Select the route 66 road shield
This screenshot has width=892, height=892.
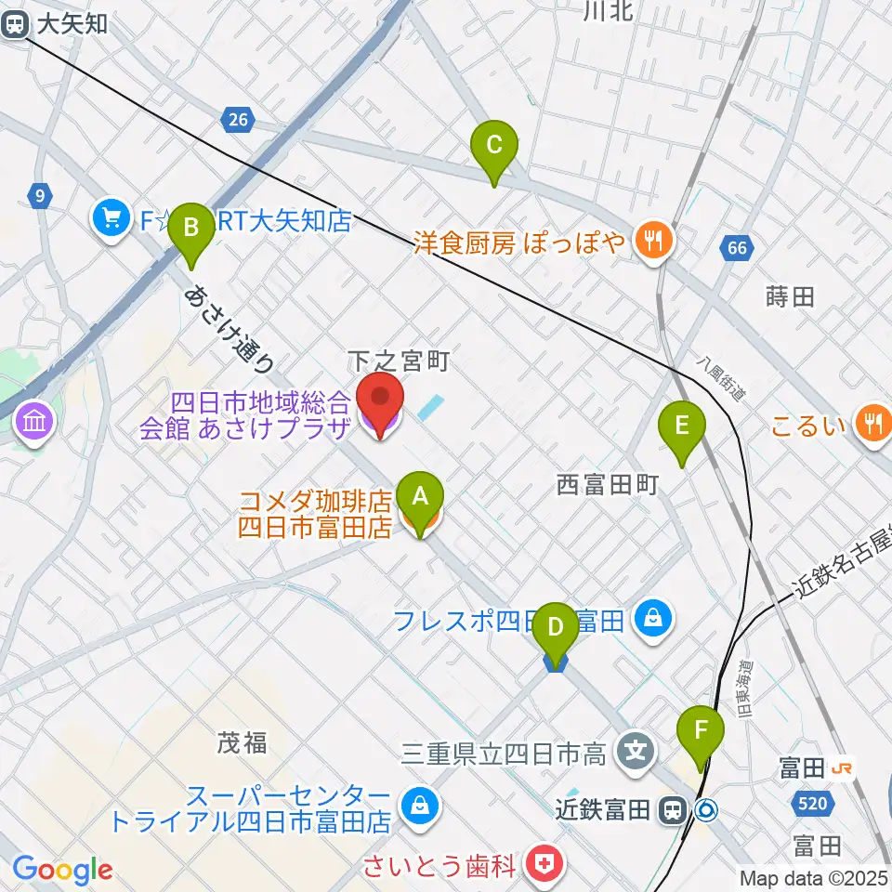[736, 247]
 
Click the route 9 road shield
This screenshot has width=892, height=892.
[38, 195]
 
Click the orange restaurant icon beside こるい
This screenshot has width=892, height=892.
[872, 424]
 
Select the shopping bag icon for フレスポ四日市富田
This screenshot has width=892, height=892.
[655, 616]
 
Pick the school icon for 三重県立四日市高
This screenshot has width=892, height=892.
[636, 750]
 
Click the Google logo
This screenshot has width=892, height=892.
[62, 870]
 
